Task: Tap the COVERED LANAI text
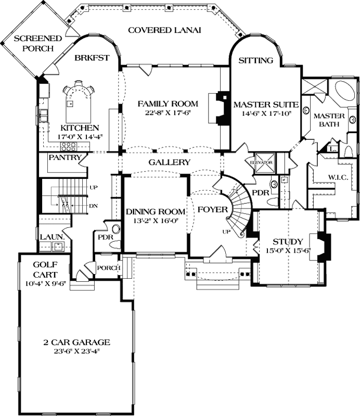tap(164, 30)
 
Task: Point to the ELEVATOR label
tap(262, 162)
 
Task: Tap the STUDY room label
tap(288, 242)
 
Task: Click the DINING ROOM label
tap(156, 212)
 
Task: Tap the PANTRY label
tap(65, 157)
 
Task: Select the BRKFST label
tap(91, 58)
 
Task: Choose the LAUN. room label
tap(52, 237)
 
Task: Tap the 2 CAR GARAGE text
tap(76, 342)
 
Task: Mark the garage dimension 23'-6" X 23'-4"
tap(76, 351)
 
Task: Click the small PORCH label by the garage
tap(108, 268)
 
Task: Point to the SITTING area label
tap(255, 60)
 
